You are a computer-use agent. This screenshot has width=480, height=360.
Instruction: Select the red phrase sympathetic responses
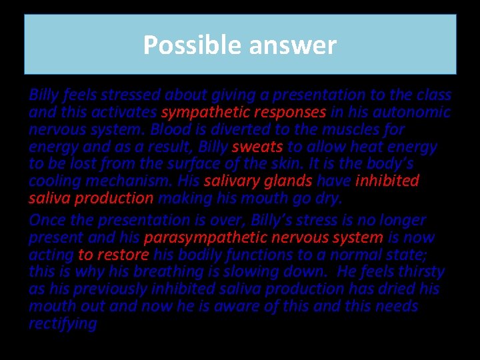pos(243,112)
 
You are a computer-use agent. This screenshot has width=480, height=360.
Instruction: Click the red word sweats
pos(257,147)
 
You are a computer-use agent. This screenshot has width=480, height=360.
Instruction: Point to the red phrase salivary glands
pos(258,181)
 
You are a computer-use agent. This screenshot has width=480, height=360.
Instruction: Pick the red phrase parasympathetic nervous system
pos(263,238)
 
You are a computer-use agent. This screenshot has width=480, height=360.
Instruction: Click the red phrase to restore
pos(113,255)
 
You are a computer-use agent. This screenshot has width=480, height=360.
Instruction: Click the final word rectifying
pos(63,324)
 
